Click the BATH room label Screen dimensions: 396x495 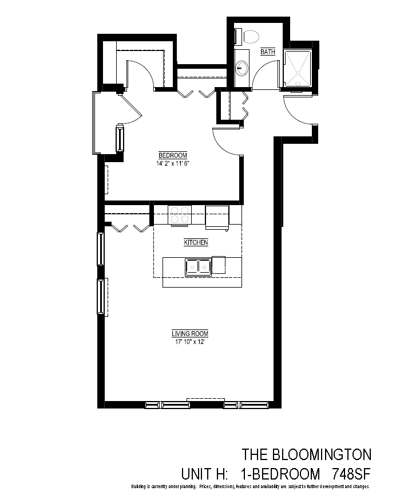pyautogui.click(x=268, y=52)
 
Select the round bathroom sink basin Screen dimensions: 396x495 pyautogui.click(x=243, y=68)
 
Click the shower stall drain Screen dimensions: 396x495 pyautogui.click(x=298, y=73)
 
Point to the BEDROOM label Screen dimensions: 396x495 pyautogui.click(x=173, y=155)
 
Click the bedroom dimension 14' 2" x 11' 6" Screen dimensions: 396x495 pyautogui.click(x=173, y=163)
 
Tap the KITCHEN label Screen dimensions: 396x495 pyautogui.click(x=196, y=242)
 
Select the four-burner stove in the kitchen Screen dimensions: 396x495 pyautogui.click(x=180, y=215)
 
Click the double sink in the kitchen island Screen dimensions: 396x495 pyautogui.click(x=198, y=268)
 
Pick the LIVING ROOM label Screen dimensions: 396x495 pyautogui.click(x=190, y=333)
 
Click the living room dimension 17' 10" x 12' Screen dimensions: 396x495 pyautogui.click(x=190, y=342)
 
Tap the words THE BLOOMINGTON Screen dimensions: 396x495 pyautogui.click(x=307, y=455)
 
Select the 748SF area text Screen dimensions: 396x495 pyautogui.click(x=351, y=474)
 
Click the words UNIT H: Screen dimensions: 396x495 pyautogui.click(x=204, y=474)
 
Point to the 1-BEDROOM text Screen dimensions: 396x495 pyautogui.click(x=280, y=474)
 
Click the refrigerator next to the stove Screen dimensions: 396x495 pyautogui.click(x=217, y=217)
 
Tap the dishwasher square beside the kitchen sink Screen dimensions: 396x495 pyautogui.click(x=219, y=265)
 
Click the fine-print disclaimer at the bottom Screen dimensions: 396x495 pyautogui.click(x=250, y=487)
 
